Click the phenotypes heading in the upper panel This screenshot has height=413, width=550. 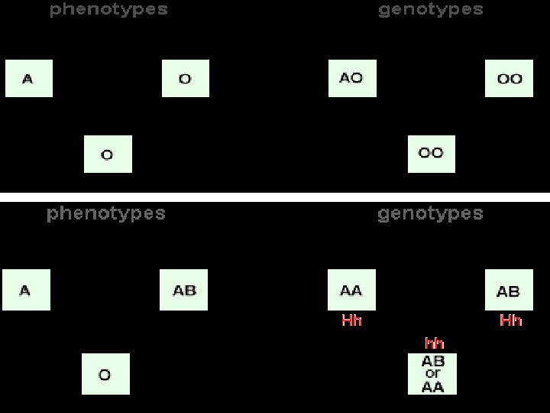tap(108, 10)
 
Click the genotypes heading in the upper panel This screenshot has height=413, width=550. tap(431, 10)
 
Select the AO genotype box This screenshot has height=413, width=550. tap(352, 78)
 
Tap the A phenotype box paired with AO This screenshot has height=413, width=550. tap(29, 78)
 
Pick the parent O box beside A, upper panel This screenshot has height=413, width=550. tap(186, 78)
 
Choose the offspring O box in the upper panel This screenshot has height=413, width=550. tap(108, 154)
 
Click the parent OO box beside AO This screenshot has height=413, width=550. tap(510, 78)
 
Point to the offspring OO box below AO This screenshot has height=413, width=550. tap(432, 154)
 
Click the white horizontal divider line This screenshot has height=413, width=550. tap(275, 197)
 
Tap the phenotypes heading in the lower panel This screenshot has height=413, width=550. tap(106, 213)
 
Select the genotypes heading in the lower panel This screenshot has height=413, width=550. tap(430, 213)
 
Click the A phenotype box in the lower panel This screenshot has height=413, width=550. tap(26, 290)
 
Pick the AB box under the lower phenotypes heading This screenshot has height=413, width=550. tap(184, 290)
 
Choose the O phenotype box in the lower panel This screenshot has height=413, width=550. tap(105, 374)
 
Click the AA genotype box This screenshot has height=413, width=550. tap(351, 290)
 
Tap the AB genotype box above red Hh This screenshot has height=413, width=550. tap(509, 291)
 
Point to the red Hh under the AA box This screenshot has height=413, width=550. tap(351, 320)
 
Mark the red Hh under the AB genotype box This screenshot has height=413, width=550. tap(510, 320)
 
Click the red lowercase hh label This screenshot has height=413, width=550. tap(434, 343)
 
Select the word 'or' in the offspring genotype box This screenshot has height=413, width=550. tap(432, 374)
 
